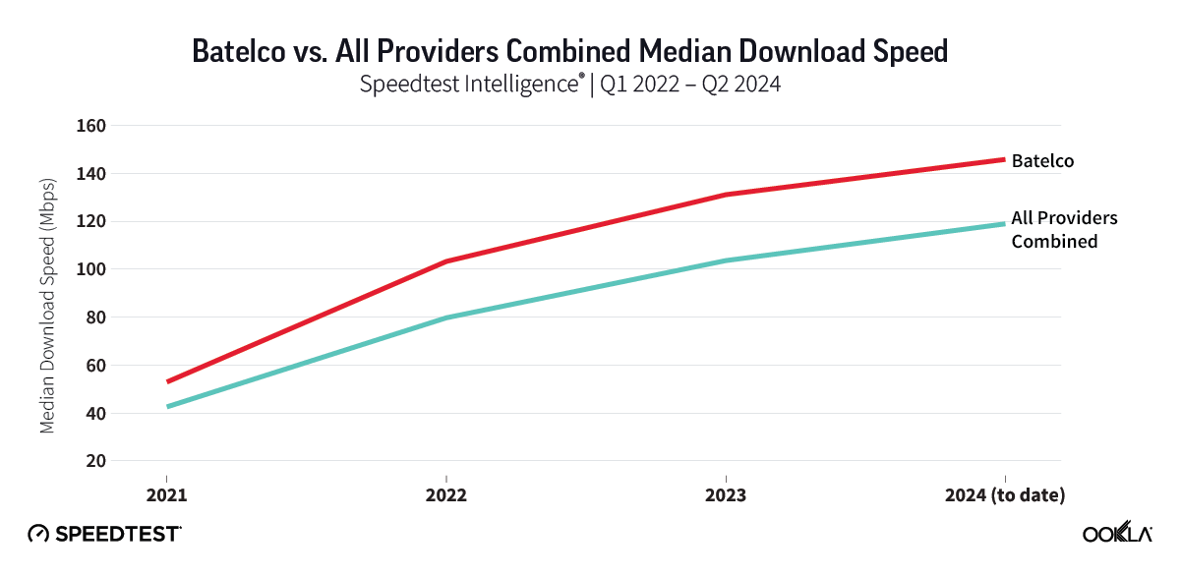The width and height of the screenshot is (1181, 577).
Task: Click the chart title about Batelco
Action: coord(569,51)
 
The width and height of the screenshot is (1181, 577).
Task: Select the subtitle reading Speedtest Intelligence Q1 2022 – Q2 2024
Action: coord(569,85)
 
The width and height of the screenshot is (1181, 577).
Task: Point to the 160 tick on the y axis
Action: coord(91,126)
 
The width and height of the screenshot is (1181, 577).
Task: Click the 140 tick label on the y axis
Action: coord(91,174)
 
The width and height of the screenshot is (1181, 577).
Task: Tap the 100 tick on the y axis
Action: coord(91,269)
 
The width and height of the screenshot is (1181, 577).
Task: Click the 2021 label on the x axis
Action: coord(166,495)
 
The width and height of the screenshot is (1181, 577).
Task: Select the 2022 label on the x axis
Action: coord(446,495)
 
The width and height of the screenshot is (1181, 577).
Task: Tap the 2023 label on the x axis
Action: coord(726,495)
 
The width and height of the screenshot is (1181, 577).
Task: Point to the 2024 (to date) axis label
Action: coord(1005,495)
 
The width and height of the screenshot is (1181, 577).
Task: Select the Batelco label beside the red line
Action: coord(1042,160)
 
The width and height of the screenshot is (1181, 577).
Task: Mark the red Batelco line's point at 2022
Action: coord(446,261)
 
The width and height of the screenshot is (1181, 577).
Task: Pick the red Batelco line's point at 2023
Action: coord(726,195)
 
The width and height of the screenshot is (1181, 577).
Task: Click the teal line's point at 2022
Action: coord(446,317)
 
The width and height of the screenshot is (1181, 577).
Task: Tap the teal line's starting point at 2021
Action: coord(167,406)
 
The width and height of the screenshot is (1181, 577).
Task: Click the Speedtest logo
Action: coord(104,534)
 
